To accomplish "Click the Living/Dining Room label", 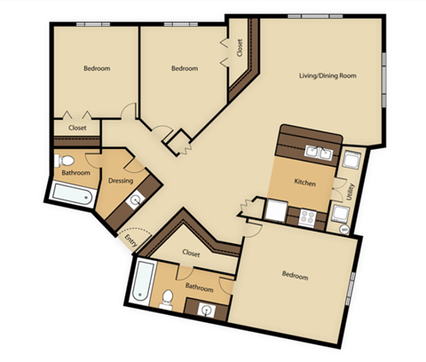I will [x=326, y=76].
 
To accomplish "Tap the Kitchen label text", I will [x=305, y=183].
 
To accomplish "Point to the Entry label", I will [x=131, y=240].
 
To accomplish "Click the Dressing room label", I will [x=120, y=181].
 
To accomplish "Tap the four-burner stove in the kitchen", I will [x=309, y=216].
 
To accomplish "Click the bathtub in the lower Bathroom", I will [x=143, y=282].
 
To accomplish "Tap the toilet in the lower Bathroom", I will [x=167, y=299].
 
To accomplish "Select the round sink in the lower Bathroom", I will [x=208, y=310].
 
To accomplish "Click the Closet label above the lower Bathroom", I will [x=192, y=253].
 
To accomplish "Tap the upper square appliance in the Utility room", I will [x=350, y=161].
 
